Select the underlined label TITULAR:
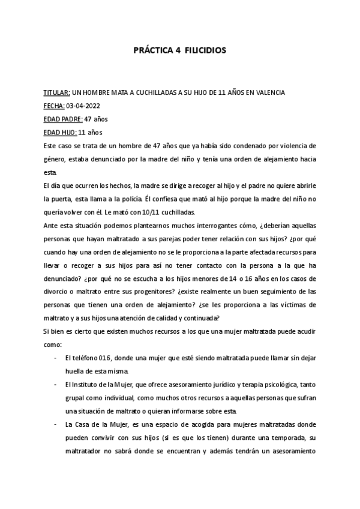pos(56,92)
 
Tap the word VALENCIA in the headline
pos(268,92)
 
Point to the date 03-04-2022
pos(82,106)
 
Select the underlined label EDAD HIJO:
pos(60,132)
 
